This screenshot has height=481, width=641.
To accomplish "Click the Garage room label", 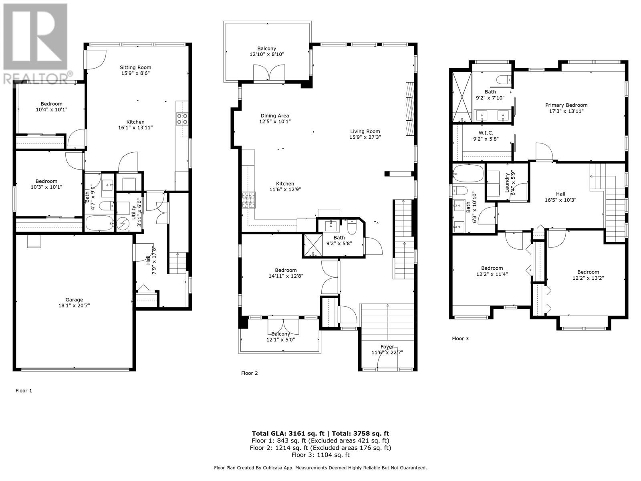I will [x=74, y=299].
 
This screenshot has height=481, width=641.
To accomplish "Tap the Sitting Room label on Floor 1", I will [x=136, y=67].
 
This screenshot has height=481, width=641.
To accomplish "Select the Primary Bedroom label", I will [x=566, y=105].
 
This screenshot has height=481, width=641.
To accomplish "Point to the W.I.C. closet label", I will [x=486, y=133].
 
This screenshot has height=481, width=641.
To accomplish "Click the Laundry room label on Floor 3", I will [x=507, y=182].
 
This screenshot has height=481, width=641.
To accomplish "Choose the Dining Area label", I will [x=274, y=116].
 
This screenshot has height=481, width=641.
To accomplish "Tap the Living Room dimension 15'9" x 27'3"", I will [x=365, y=137].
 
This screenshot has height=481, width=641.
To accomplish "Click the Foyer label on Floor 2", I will [x=387, y=347].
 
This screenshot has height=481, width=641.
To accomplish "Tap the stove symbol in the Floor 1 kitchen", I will [x=182, y=118].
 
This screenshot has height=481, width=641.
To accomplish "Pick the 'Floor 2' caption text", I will [x=249, y=373].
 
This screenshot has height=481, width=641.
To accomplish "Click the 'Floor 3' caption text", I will [x=460, y=338].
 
